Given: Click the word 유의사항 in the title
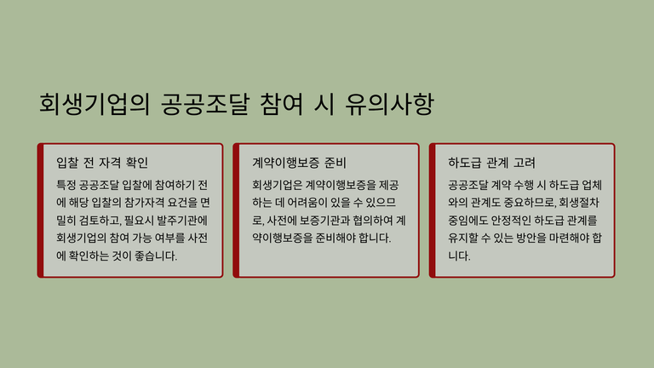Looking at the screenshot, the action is [389, 104].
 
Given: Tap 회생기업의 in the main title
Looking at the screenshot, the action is [95, 104].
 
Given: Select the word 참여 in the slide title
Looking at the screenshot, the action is [282, 104].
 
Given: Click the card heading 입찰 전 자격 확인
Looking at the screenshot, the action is [102, 163].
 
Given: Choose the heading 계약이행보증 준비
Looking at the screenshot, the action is [299, 163].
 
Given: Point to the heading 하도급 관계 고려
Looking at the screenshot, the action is [491, 163].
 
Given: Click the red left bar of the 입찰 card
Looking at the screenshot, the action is [41, 210].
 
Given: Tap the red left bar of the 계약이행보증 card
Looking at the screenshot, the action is [236, 210].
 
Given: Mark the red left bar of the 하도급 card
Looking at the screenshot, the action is [432, 210].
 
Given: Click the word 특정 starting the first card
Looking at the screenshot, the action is [66, 185].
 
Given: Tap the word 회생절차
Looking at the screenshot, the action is [579, 203].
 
